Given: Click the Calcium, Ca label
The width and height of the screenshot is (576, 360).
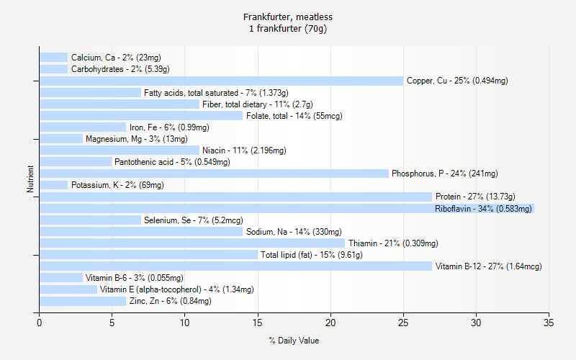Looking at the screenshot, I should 116,58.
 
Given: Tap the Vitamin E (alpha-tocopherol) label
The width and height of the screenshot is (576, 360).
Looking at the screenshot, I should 176,289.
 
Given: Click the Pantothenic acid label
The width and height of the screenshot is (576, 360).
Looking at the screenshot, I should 172,162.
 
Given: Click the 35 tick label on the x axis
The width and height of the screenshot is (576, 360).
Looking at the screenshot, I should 549,323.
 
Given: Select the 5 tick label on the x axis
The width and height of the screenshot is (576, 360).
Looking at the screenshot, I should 112,323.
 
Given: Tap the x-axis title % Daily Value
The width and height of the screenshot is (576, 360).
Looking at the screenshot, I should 294,341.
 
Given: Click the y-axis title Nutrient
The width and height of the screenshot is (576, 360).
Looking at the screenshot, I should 31,179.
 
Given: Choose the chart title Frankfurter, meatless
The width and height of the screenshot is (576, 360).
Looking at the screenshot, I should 288,17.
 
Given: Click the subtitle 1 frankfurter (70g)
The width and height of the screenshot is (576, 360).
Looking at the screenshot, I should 288,29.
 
